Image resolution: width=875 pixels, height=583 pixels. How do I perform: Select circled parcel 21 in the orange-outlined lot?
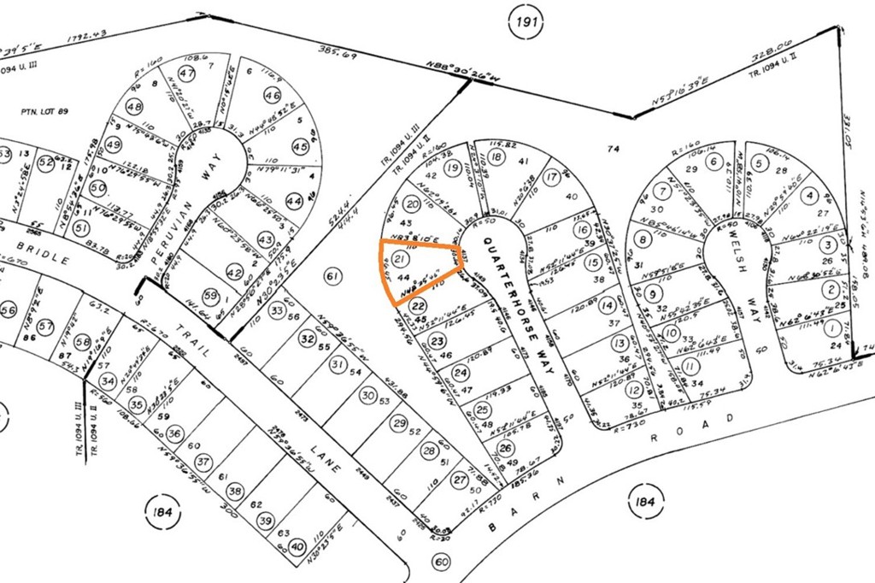tap(399, 255)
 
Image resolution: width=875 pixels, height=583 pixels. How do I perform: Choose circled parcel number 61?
tap(333, 274)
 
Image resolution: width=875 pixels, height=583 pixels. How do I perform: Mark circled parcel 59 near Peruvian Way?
tap(210, 297)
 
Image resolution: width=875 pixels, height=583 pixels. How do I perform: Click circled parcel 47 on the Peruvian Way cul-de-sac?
tap(187, 74)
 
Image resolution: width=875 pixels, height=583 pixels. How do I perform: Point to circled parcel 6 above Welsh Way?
tap(713, 161)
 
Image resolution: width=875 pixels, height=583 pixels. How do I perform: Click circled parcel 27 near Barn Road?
tap(460, 480)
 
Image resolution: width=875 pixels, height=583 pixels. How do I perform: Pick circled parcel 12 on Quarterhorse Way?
tap(633, 390)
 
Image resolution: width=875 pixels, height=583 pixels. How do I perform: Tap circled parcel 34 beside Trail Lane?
tap(107, 381)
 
